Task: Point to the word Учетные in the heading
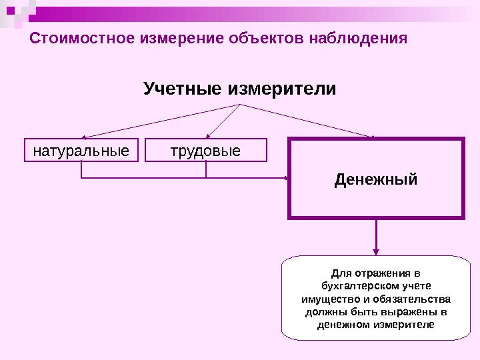(182, 89)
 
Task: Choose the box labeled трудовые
(206, 150)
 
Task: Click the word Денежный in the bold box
(376, 179)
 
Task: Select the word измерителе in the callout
(404, 325)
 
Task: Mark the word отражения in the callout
(379, 273)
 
